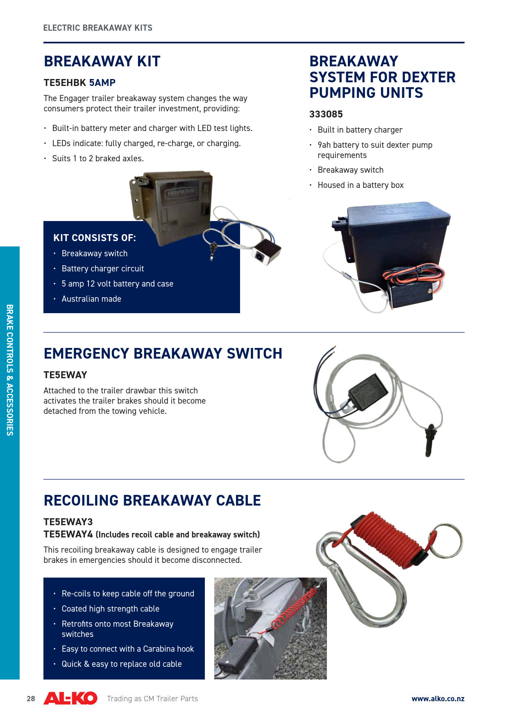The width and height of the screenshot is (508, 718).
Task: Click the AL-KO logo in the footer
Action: tap(70, 698)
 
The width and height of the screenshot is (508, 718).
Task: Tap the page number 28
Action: tap(31, 699)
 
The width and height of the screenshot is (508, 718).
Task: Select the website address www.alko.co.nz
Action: tap(438, 699)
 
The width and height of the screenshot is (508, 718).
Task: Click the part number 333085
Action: tap(326, 114)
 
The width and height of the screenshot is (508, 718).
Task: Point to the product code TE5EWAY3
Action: tap(68, 522)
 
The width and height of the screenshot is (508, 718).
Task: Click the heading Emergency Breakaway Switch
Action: tap(163, 353)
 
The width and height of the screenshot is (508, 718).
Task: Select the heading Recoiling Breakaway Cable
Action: tap(152, 500)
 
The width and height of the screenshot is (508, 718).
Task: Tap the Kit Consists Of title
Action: tap(94, 238)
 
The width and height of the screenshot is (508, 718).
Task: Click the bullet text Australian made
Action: tap(91, 299)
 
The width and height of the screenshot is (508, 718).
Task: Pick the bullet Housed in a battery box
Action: tap(361, 185)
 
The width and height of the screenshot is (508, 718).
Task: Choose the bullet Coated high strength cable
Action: tap(110, 609)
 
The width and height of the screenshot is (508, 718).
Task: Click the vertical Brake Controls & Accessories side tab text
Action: tap(10, 370)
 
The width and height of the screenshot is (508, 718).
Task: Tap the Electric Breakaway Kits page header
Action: tap(98, 28)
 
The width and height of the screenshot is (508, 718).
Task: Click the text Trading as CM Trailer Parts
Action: tap(152, 699)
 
